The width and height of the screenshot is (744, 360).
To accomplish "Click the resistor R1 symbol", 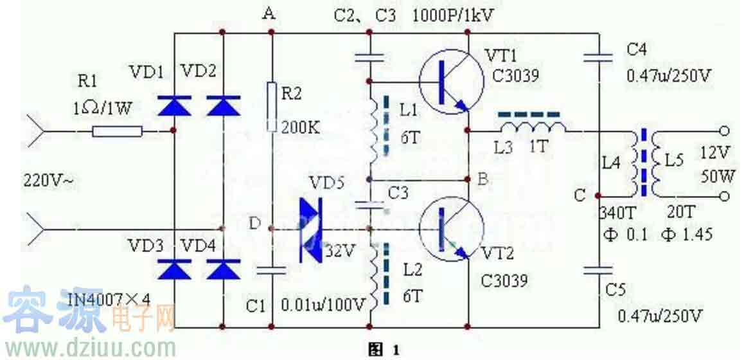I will [x=118, y=131].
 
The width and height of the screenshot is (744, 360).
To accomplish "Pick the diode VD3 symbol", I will [x=175, y=269].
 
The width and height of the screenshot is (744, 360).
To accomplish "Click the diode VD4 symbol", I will [x=223, y=269].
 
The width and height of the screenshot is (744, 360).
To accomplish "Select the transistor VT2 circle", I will [x=451, y=230].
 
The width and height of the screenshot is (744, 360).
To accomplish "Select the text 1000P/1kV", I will [x=457, y=14].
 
